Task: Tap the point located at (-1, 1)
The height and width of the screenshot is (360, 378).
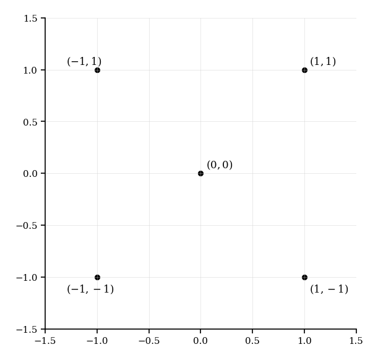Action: pos(97,70)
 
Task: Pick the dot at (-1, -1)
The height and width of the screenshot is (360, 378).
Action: pos(97,277)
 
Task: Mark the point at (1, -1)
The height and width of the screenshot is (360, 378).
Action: pos(304,277)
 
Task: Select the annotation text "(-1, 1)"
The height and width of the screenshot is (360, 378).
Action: pos(84,62)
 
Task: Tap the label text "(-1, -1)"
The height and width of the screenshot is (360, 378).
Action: pos(90,289)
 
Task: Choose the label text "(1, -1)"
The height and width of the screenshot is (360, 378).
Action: pos(329,289)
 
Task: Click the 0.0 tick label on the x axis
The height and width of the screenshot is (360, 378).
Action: pos(200,341)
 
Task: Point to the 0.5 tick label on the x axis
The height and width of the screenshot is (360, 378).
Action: pos(252,341)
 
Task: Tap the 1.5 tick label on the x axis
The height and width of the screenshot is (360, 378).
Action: pos(356,341)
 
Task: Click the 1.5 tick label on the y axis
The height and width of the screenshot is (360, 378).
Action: pos(30,19)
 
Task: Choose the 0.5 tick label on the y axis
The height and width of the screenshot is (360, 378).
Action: pos(30,122)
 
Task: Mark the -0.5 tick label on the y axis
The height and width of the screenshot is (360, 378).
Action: pos(28,226)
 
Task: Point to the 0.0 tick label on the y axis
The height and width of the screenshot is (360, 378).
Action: pos(30,174)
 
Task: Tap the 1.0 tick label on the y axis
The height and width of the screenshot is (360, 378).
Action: pos(30,71)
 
